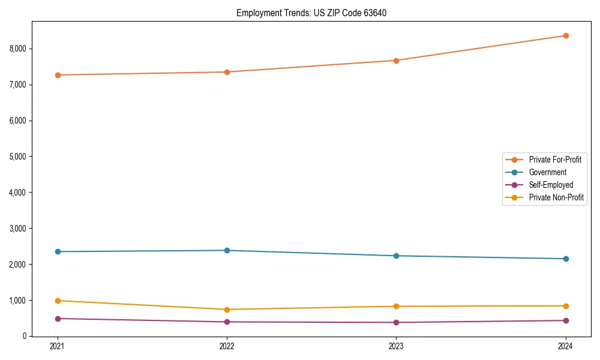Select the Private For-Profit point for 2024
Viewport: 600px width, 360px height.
point(566,35)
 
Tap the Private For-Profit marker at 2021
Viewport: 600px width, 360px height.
point(58,75)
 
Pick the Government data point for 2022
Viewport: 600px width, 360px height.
point(227,250)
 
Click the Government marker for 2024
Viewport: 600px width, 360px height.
point(566,259)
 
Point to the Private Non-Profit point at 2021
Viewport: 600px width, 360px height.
point(58,301)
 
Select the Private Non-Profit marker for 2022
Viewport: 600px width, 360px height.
point(227,310)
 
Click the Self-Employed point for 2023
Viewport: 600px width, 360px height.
point(396,322)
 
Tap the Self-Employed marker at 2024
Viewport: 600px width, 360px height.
point(566,320)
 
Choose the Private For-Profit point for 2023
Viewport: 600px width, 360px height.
point(396,61)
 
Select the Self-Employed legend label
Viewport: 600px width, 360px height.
point(551,185)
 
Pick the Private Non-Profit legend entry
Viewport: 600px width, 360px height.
point(556,197)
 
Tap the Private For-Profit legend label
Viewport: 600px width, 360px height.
point(555,160)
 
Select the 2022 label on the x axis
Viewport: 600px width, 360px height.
point(227,346)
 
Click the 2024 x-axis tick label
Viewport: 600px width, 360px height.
point(566,346)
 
